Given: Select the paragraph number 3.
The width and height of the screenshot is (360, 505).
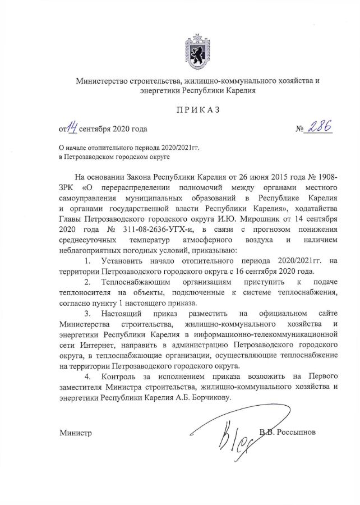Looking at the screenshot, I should pos(87,312).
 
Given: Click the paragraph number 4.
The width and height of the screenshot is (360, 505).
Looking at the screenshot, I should pos(87,375).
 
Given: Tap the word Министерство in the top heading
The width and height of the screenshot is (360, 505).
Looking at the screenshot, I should pos(107,81).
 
